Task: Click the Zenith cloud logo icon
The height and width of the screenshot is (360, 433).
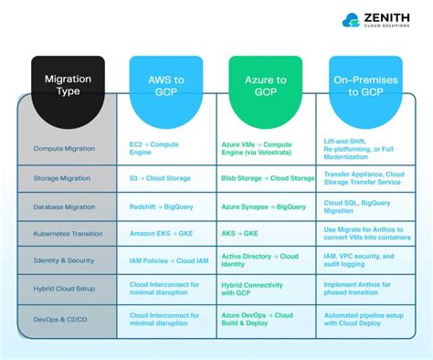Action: [352, 20]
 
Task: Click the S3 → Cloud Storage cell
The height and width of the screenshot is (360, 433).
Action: [160, 178]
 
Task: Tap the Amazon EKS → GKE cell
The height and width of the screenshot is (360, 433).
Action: [162, 234]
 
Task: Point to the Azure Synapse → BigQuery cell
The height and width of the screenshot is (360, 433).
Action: [264, 206]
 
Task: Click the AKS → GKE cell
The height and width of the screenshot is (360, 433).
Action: [240, 234]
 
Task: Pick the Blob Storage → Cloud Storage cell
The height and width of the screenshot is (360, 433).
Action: [268, 178]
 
